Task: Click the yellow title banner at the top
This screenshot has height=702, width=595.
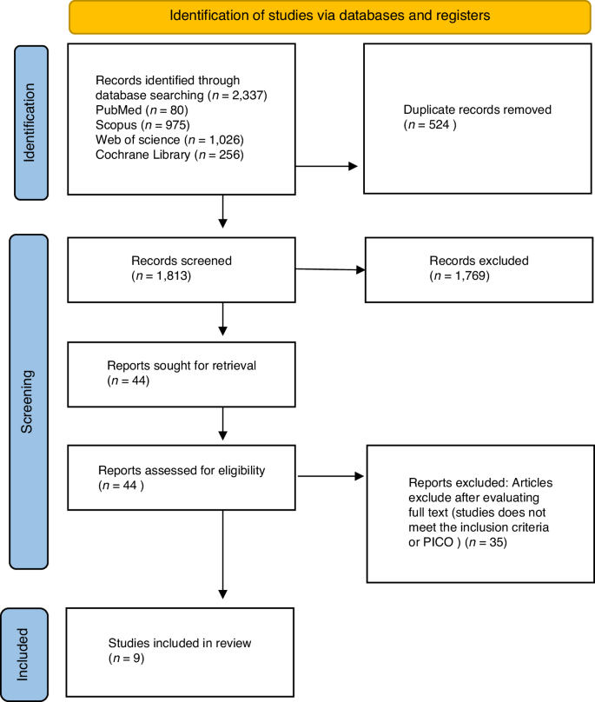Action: pos(317,17)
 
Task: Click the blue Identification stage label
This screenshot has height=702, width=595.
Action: pos(32,121)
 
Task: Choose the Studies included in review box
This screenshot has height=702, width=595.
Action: pos(181,651)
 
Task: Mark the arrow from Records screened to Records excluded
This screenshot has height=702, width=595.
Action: pos(331,269)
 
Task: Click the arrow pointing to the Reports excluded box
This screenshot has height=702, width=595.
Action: pos(331,476)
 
